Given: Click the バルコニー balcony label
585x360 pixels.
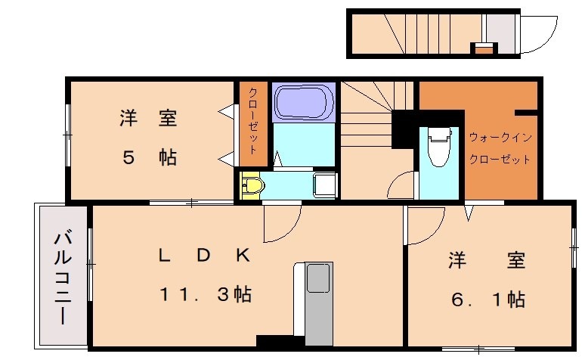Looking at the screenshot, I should coord(63,278).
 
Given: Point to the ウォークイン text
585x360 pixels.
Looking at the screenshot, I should coord(500,137).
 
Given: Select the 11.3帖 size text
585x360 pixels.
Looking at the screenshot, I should coord(206,293).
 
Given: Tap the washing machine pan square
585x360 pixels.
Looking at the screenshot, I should coord(324,184).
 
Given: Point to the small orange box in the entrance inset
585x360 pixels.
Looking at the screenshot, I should coord(483,49).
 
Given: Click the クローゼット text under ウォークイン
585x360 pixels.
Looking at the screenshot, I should coord(500,160).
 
